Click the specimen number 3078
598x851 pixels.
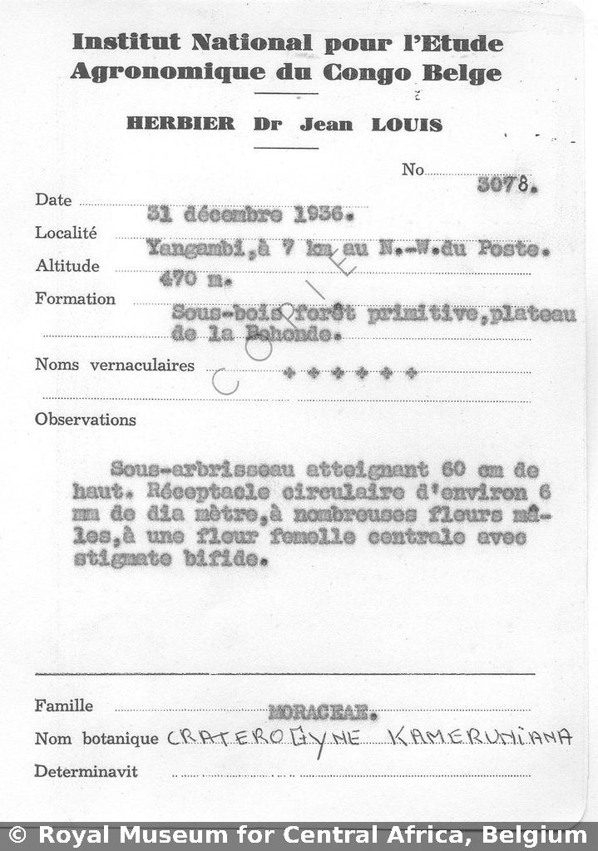(507, 185)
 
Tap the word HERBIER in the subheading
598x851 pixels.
(180, 124)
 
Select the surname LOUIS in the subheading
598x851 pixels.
(407, 125)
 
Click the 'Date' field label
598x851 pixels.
(53, 200)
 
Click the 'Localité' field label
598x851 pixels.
(66, 234)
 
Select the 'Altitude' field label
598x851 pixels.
(67, 267)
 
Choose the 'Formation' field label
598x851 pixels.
(75, 299)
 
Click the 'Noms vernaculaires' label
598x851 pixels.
(114, 365)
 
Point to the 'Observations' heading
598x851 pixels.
(85, 420)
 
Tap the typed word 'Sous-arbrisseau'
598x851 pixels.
(174, 469)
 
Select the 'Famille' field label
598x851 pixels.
(63, 706)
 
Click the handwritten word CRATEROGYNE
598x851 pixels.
(264, 737)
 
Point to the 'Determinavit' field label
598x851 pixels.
(86, 771)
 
